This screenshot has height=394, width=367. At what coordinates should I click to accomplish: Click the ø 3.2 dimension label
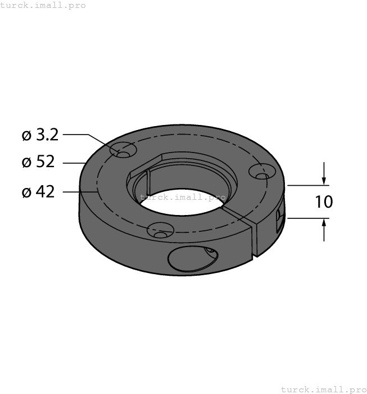(39, 135)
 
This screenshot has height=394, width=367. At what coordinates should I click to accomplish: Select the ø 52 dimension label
(38, 162)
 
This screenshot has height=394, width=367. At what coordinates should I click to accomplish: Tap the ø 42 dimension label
(38, 192)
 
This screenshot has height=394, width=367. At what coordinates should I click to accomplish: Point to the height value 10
(324, 202)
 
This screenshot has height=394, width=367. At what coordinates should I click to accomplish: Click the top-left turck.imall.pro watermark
(43, 5)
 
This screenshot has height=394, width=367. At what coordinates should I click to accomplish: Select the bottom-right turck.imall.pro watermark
(323, 389)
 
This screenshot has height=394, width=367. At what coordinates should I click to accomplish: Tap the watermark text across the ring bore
(183, 197)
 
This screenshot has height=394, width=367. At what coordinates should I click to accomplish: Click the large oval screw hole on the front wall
(191, 260)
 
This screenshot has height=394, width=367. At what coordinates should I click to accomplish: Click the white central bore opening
(180, 204)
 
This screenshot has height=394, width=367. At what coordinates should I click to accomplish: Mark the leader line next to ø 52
(74, 163)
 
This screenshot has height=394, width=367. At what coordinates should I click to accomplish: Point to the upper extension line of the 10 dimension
(306, 185)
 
